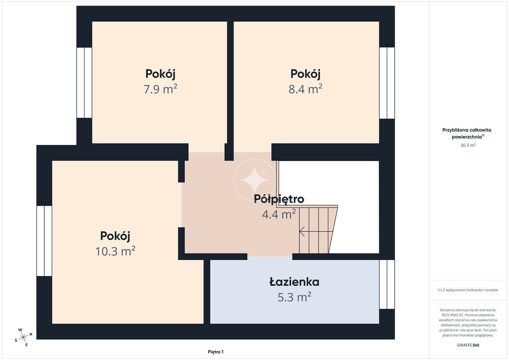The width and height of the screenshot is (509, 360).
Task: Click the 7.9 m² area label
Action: (x=161, y=89)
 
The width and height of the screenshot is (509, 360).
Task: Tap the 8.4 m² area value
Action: (x=306, y=89)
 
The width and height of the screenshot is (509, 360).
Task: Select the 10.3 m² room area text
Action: (x=115, y=251)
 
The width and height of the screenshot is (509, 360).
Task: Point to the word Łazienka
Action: (x=294, y=281)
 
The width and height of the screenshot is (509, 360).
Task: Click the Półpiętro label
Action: (x=279, y=199)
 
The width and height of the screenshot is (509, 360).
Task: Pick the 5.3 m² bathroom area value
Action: (x=294, y=297)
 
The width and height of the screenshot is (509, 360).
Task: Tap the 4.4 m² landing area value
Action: (x=279, y=214)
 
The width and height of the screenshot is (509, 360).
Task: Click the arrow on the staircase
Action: (x=316, y=231)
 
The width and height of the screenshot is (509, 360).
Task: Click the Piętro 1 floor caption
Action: (x=216, y=352)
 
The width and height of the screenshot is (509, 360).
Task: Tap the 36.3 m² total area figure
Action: (x=468, y=145)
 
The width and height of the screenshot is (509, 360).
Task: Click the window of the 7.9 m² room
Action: (x=85, y=83)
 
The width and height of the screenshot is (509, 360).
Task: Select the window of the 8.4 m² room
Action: (x=387, y=83)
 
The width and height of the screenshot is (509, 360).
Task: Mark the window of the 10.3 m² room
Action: (x=44, y=241)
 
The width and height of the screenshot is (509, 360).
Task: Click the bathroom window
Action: (x=387, y=284)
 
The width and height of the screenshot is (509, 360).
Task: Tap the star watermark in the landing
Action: (x=254, y=180)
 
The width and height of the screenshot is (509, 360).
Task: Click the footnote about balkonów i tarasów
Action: (x=468, y=290)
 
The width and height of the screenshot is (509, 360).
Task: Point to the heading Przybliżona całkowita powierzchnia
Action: (x=467, y=133)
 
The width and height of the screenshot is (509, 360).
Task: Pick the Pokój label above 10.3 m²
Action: (x=115, y=236)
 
